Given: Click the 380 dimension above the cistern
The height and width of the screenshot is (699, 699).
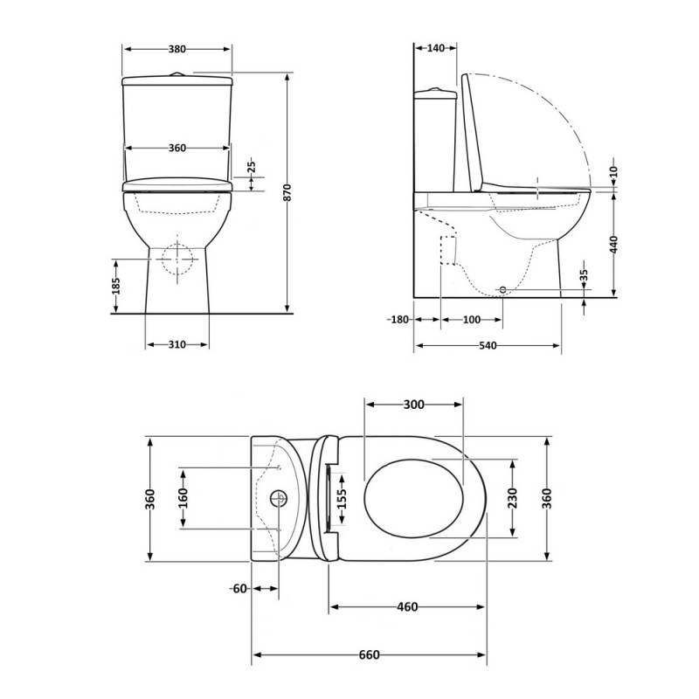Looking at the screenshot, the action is [177, 49].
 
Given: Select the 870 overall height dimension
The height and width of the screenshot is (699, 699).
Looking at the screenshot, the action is [287, 192].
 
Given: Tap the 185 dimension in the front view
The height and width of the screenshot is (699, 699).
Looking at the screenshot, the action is [116, 287].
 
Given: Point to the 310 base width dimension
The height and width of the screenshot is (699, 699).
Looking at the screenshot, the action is [177, 344].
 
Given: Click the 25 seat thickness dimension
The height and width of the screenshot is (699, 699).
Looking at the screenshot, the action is [252, 166].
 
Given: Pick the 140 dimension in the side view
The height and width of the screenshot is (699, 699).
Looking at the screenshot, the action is [436, 48].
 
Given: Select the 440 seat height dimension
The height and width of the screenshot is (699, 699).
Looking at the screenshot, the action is [614, 245].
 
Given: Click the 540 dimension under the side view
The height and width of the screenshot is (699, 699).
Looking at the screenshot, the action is [488, 345].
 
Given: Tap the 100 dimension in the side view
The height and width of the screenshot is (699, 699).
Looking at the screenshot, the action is [472, 320].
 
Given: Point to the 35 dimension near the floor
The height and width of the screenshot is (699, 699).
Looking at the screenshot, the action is [585, 275].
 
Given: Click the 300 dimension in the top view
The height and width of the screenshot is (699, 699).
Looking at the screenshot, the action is [413, 405].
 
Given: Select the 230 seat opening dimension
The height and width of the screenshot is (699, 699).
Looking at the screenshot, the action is [512, 498].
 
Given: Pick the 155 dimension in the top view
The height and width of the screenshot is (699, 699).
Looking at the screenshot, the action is [342, 498].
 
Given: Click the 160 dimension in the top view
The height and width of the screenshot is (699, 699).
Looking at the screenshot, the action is [183, 498].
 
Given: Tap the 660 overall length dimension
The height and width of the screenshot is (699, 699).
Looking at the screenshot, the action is [369, 654].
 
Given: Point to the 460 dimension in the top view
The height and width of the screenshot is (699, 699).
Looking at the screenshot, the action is [407, 606].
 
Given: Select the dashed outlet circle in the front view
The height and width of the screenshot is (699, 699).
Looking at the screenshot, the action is [177, 259].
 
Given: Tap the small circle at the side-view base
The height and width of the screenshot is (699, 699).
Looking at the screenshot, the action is [503, 289].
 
